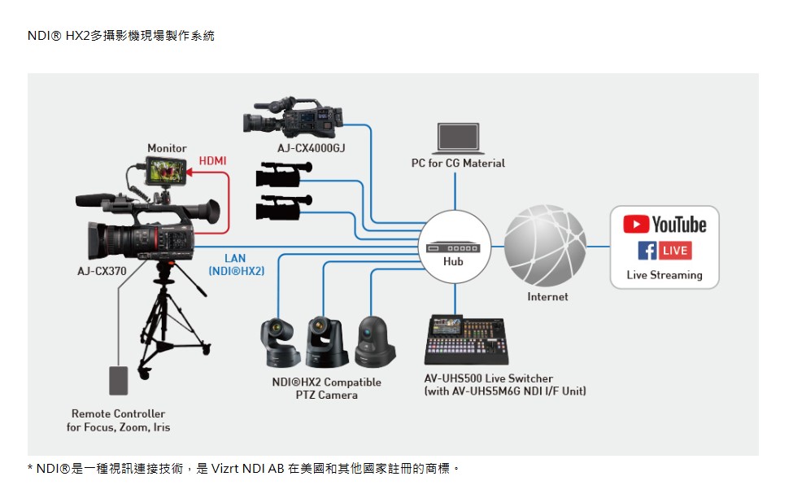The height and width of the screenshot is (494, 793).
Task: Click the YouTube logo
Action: point(664,224)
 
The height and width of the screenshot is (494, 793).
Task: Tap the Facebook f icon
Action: point(647,251)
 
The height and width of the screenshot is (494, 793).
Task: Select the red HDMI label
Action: point(212,162)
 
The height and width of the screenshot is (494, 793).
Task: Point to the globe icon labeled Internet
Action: point(544,246)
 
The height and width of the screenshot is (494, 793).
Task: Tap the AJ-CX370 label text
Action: point(102,270)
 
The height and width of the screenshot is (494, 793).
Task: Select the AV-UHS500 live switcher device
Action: point(466,341)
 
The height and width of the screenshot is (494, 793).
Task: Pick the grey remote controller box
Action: point(119,381)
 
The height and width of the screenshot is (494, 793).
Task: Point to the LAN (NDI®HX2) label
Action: point(236,264)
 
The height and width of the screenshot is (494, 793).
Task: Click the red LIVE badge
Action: point(675,251)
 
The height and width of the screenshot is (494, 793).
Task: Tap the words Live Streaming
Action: point(664,275)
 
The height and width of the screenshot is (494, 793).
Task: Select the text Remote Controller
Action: point(118,413)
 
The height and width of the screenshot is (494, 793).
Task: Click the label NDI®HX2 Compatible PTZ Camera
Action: point(326,388)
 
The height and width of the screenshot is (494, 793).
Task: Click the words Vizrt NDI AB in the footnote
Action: point(247,469)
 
